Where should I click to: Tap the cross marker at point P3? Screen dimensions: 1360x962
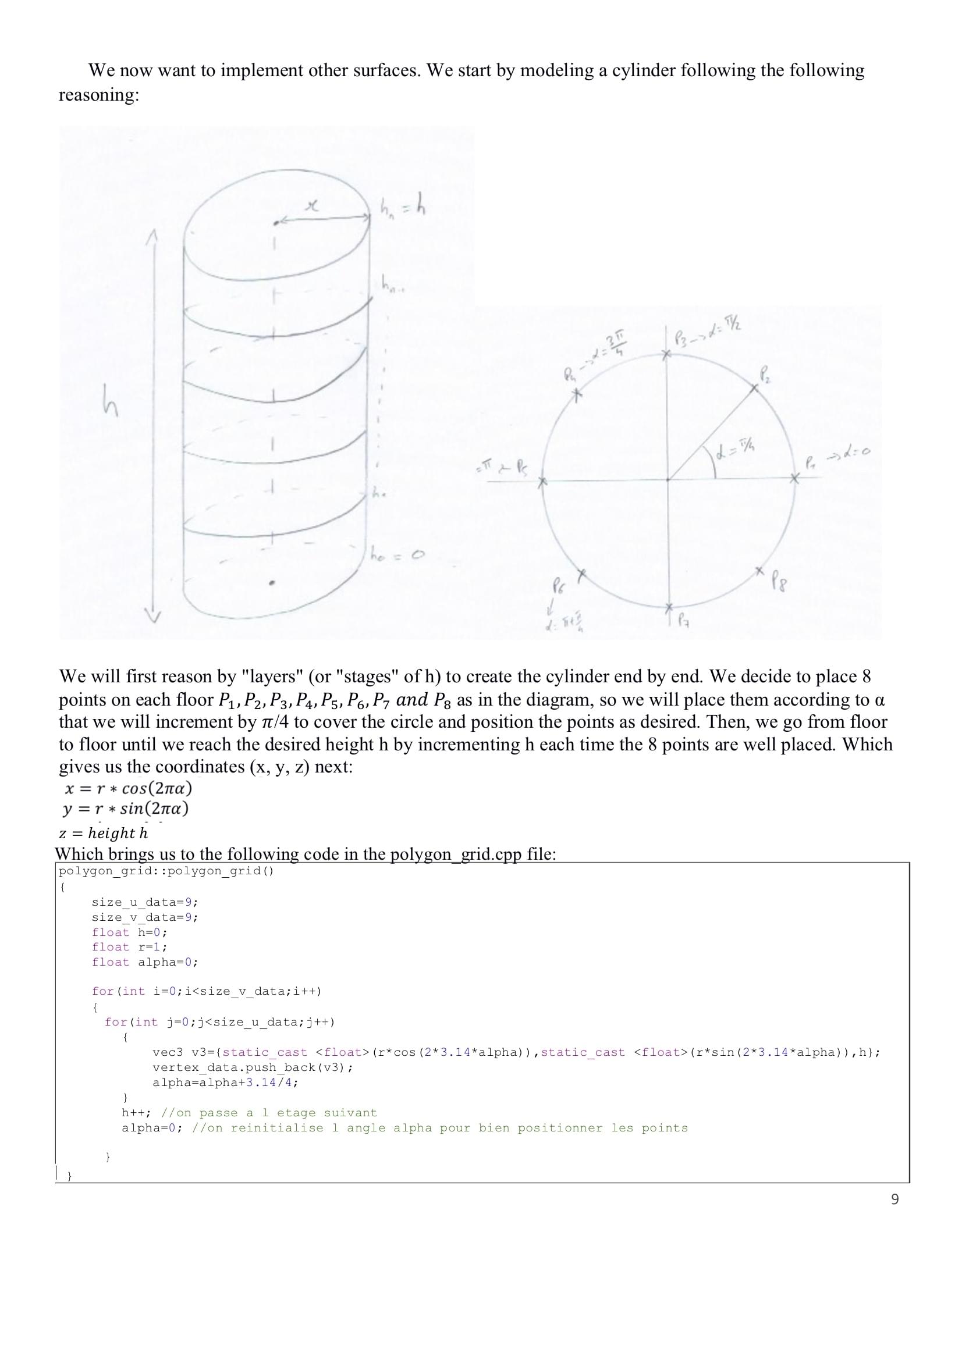667,354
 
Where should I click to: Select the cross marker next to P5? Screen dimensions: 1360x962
541,483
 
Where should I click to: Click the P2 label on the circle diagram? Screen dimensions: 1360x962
765,375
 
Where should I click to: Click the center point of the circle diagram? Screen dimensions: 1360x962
668,479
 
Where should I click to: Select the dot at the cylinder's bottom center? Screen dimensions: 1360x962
272,583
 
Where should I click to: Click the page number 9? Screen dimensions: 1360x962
894,1199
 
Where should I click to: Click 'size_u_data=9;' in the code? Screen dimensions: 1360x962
145,902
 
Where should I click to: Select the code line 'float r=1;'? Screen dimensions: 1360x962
129,947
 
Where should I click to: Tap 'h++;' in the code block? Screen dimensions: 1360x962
137,1113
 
